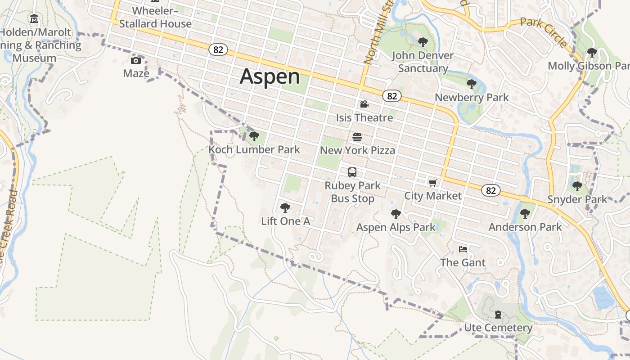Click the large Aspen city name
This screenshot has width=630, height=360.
tap(270, 76)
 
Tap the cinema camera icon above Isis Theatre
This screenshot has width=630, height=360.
tap(364, 104)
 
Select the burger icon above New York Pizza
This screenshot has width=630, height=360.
tap(357, 137)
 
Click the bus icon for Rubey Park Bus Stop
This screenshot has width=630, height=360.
tap(352, 172)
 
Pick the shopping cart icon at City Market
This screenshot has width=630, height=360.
tap(432, 183)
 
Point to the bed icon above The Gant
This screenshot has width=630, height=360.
tap(463, 249)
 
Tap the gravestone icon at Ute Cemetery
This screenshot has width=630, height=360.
tap(498, 314)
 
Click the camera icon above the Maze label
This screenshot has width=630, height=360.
tap(136, 60)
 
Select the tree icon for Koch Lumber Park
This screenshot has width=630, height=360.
tap(254, 136)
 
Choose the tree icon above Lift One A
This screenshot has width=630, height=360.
tap(285, 207)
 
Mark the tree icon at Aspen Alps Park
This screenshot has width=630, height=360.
tap(396, 214)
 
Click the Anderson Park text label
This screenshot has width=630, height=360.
tap(525, 227)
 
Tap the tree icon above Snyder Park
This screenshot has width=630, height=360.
tap(577, 185)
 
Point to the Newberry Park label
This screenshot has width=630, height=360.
tap(472, 97)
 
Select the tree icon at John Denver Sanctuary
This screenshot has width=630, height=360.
tap(423, 42)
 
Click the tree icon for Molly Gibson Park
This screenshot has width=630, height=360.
tap(592, 53)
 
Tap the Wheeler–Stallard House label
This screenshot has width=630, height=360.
tap(155, 17)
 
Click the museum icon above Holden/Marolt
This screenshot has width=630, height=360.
tap(34, 19)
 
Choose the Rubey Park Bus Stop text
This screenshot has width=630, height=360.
tap(352, 192)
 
